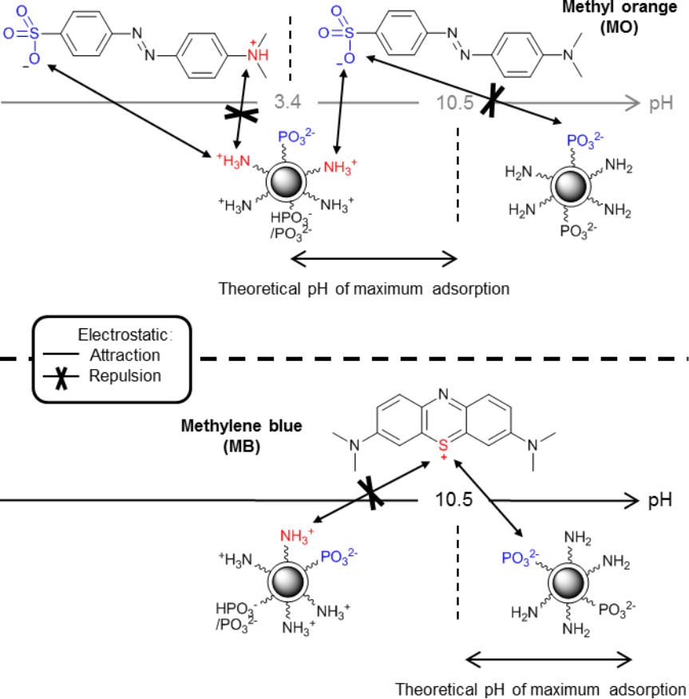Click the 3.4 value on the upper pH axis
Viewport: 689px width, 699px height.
(x=287, y=102)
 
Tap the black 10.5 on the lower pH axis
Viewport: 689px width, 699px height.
(x=455, y=500)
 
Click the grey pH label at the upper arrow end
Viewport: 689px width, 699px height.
(x=661, y=102)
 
